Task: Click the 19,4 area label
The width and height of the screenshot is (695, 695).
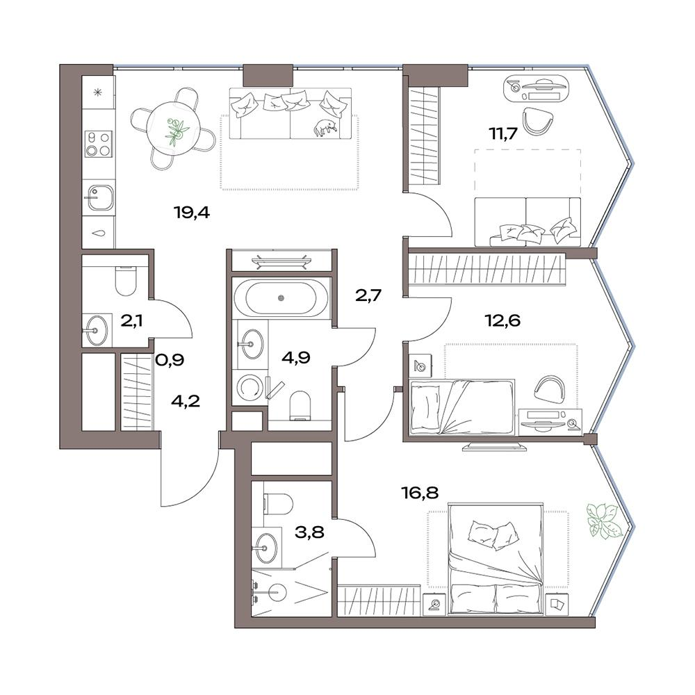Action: pos(192,213)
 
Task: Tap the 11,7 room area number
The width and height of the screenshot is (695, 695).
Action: pos(502,133)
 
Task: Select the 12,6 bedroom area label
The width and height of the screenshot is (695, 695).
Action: pos(502,320)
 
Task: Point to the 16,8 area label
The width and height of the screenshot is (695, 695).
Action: pos(420,492)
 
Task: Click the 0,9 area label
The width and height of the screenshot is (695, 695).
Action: pos(170,360)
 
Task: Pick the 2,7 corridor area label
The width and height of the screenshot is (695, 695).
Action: pos(368,295)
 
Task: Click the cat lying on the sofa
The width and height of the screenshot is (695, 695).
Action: pos(325,128)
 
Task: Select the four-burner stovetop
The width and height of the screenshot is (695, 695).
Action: pos(99,144)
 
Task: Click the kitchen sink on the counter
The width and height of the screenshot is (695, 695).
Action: pos(99,197)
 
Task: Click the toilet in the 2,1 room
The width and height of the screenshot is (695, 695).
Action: pos(125,281)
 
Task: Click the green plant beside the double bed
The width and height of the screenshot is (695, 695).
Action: pos(602,521)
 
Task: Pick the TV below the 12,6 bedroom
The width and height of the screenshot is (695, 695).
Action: pos(494,445)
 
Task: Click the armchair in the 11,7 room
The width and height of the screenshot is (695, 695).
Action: pos(538,120)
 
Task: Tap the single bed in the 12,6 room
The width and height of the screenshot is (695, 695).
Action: pos(463,406)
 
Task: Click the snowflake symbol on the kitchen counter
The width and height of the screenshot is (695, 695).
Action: pos(99,92)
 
